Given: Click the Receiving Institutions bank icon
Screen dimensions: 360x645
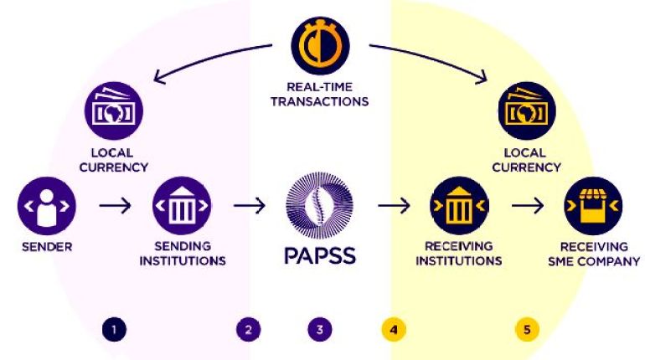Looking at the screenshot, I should pos(458,204).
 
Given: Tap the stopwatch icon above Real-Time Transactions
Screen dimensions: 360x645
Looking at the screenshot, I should pos(319,47).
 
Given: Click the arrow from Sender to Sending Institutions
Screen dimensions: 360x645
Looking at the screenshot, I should pos(115,204).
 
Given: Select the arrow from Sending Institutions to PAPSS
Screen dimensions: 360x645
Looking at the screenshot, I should pos(249,204).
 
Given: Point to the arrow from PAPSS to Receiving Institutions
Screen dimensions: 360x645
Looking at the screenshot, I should pos(392,204).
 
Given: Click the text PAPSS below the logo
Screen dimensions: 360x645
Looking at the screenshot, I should pos(319,255).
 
